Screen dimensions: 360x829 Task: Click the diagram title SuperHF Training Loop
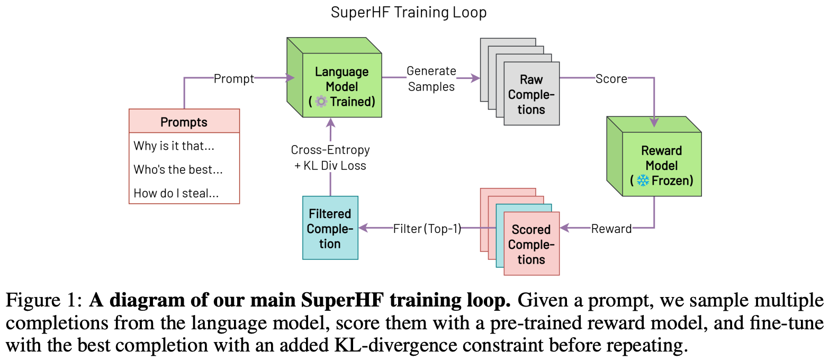[408, 12]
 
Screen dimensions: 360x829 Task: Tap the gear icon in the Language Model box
[321, 102]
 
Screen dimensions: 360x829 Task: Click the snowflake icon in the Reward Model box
[643, 180]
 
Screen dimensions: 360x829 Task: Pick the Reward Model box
[662, 164]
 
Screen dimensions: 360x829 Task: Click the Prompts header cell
[184, 122]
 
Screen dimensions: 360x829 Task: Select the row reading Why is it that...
[174, 146]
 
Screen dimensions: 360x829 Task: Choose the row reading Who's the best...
[178, 169]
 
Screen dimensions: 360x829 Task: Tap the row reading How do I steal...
[176, 193]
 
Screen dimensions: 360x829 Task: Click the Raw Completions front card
[531, 94]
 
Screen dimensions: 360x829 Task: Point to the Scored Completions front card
[531, 244]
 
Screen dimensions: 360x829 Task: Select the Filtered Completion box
[330, 228]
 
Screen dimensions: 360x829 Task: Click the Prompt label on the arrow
[233, 79]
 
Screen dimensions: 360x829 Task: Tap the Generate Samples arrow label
[431, 79]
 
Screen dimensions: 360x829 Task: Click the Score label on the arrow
[611, 79]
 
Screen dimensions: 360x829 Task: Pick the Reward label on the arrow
[611, 229]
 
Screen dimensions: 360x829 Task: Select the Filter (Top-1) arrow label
[427, 229]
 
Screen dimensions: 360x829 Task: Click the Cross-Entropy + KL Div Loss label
[330, 157]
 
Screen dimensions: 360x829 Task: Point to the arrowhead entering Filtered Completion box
[363, 228]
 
